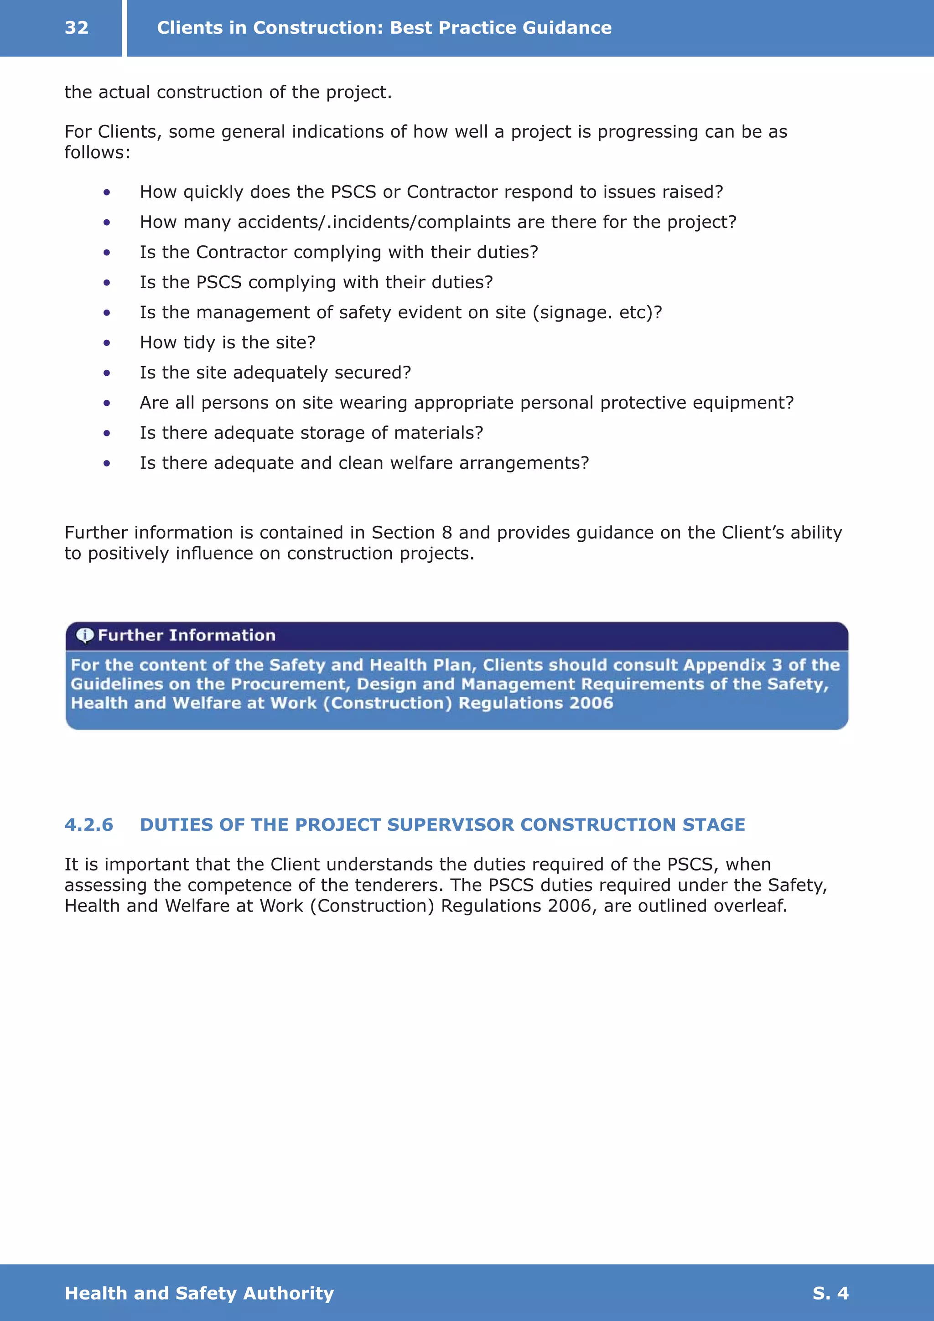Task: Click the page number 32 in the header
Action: point(77,28)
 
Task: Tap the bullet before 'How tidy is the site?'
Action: point(106,343)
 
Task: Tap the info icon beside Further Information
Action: point(84,635)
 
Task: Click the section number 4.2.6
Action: point(88,824)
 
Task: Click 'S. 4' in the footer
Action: point(830,1293)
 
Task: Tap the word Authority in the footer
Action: point(288,1293)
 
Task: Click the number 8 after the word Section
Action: point(446,533)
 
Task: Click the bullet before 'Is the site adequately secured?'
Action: point(106,373)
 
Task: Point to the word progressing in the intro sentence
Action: point(648,132)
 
